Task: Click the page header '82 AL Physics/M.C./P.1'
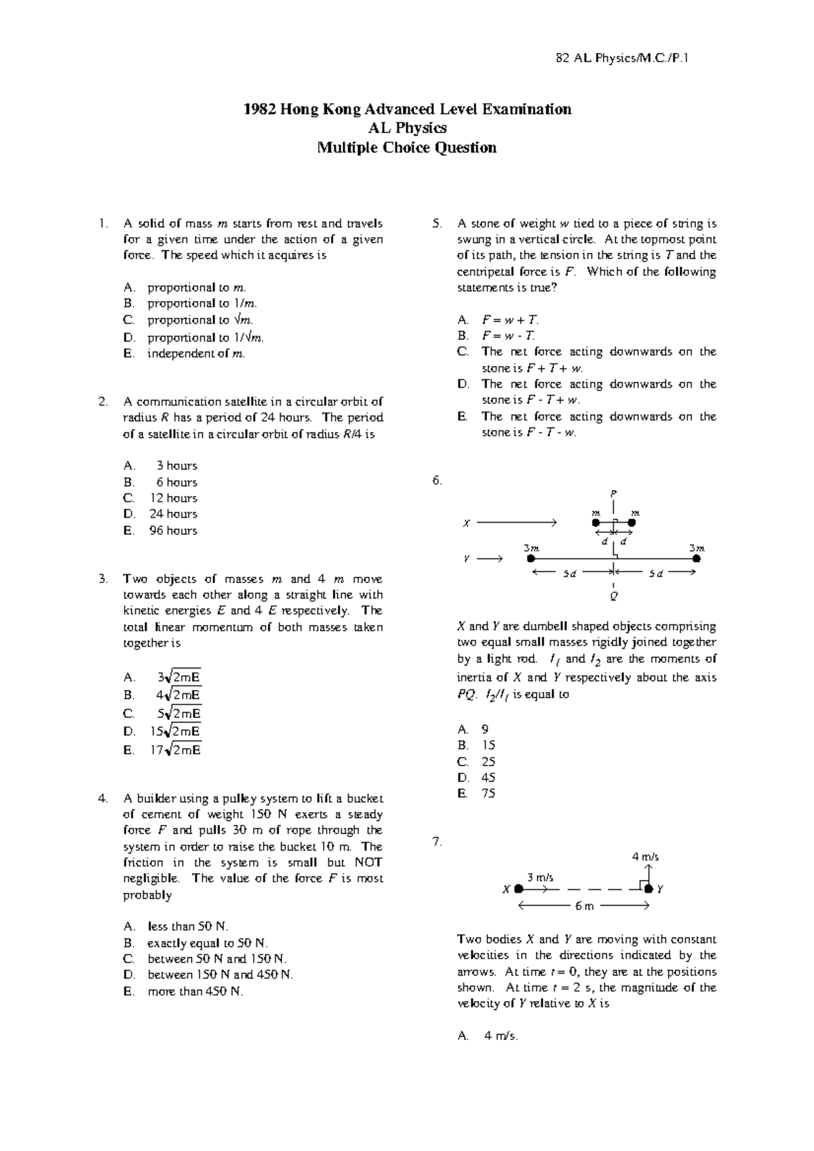(622, 58)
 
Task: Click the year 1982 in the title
(258, 109)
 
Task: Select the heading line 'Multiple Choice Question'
(407, 148)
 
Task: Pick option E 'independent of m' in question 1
(195, 354)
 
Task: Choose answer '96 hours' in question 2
(173, 531)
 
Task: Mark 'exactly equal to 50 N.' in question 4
(207, 943)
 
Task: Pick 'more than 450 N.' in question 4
(195, 992)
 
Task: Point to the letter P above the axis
(613, 493)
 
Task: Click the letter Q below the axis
(614, 597)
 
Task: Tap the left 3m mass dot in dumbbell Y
(531, 559)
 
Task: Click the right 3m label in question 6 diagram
(697, 548)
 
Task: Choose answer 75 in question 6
(488, 794)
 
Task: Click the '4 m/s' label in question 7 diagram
(645, 857)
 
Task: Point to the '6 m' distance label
(584, 906)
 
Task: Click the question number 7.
(437, 842)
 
